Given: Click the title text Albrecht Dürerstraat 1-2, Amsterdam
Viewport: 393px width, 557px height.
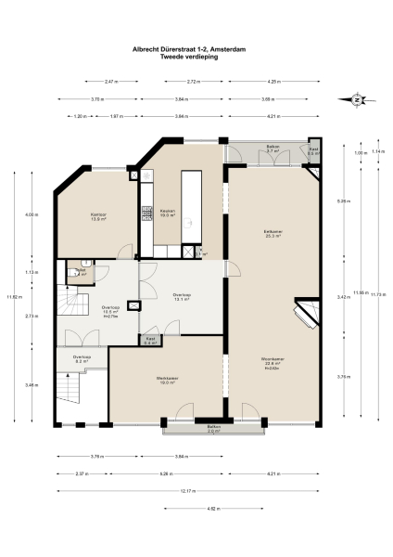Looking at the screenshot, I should (196, 52).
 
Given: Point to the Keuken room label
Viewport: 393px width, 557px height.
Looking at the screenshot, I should (168, 211).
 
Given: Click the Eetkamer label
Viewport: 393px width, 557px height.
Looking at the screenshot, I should (272, 233).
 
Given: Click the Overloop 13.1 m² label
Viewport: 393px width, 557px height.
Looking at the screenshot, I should (182, 297).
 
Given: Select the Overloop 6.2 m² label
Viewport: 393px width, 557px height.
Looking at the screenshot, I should (82, 357).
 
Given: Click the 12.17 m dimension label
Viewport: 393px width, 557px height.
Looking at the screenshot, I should (196, 491).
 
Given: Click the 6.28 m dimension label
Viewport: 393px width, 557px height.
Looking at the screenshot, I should (166, 473).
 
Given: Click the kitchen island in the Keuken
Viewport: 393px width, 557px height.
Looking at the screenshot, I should (193, 204).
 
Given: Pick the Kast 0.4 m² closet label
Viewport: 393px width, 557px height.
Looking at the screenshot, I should (150, 341).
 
